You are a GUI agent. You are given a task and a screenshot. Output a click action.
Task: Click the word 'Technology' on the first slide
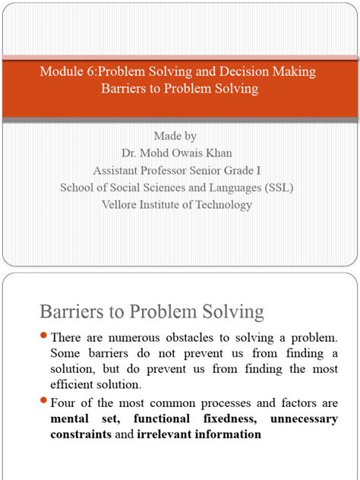click(224, 204)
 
